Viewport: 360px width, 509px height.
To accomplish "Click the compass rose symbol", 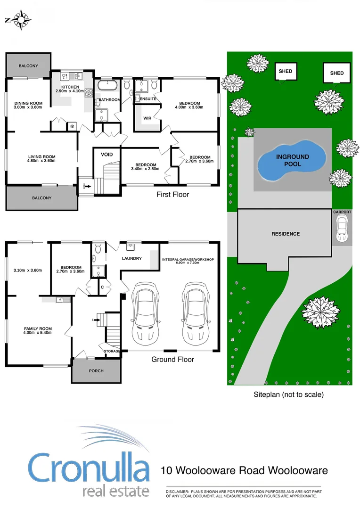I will (x=21, y=20).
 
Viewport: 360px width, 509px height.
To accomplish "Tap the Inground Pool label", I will (x=292, y=160).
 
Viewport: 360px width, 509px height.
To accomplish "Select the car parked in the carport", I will (x=342, y=229).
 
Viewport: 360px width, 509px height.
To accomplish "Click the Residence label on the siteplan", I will (x=285, y=234).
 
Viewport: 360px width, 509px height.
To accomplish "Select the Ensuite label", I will (x=147, y=99).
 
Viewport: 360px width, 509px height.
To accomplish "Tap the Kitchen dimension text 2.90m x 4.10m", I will (x=69, y=91).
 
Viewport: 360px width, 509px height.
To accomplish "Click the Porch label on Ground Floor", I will (x=96, y=371).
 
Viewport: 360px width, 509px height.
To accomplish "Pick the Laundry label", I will (x=131, y=258).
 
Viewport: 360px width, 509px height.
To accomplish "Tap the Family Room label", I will (x=38, y=329).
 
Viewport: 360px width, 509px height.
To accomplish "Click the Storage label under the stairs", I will (x=112, y=351).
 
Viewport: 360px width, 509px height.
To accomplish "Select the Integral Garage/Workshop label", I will (x=188, y=260).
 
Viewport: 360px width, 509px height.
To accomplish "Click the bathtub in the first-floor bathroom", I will (x=108, y=86).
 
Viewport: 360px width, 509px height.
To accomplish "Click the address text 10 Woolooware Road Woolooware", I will (x=244, y=470).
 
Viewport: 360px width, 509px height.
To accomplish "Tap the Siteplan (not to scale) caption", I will (x=289, y=394).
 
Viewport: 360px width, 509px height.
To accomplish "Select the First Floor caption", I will (x=173, y=194).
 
